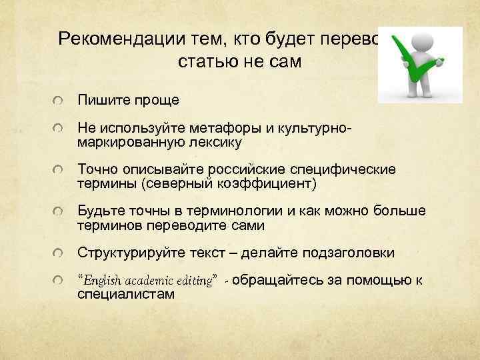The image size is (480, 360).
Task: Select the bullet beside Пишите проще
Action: click(61, 101)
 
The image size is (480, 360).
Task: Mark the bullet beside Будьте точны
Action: click(61, 212)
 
